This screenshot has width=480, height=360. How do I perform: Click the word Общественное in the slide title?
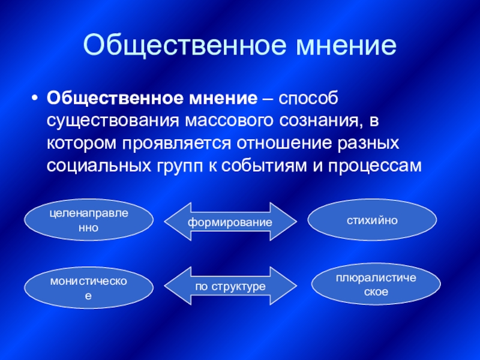tap(184, 46)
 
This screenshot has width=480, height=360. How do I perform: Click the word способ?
tap(308, 99)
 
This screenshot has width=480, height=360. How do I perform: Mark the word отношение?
tap(284, 143)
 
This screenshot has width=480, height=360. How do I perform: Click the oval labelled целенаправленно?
tap(89, 220)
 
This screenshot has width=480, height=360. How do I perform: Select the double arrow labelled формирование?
tap(230, 221)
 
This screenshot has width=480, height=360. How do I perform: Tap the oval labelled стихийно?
tap(372, 220)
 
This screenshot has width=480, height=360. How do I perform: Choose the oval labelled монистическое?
tap(89, 288)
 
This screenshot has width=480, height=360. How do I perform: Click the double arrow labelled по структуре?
tap(230, 286)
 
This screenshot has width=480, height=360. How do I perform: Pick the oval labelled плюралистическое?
tap(376, 284)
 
